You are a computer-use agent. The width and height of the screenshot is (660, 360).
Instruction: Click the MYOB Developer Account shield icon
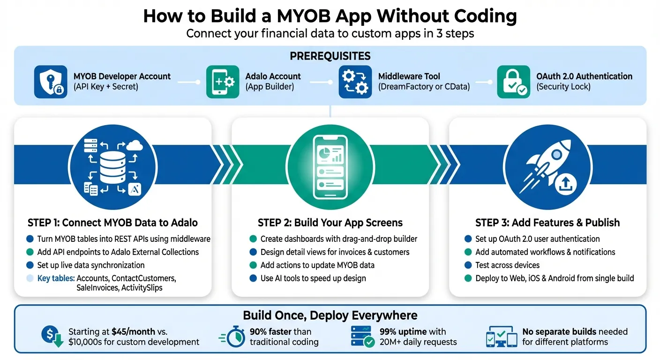coord(51,82)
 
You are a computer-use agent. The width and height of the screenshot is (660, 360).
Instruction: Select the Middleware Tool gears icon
coord(355,82)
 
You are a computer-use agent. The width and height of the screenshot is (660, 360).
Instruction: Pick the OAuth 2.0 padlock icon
coord(514,82)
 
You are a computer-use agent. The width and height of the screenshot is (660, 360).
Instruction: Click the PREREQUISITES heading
coord(330,56)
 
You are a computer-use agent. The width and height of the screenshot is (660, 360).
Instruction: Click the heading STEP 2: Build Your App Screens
coord(330,223)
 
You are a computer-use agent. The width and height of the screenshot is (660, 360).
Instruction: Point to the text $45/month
coord(133,331)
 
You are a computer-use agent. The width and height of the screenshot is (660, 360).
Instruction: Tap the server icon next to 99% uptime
coord(362,337)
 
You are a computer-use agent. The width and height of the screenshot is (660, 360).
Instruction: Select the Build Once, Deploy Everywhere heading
coord(330,315)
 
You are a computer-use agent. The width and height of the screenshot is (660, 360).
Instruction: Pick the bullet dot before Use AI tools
coord(253,278)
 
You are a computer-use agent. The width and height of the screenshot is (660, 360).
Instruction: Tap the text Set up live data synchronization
coord(91,265)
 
